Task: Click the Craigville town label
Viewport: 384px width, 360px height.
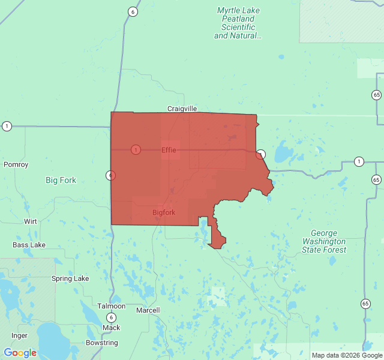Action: pyautogui.click(x=182, y=109)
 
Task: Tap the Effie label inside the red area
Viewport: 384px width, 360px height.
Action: pyautogui.click(x=169, y=150)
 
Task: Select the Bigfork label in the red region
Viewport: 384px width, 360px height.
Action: pyautogui.click(x=163, y=212)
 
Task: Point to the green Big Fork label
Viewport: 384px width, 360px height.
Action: pyautogui.click(x=61, y=180)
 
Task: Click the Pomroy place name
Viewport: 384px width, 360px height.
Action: pyautogui.click(x=16, y=164)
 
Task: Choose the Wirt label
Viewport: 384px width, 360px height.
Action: pyautogui.click(x=30, y=221)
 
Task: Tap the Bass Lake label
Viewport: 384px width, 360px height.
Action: pyautogui.click(x=29, y=245)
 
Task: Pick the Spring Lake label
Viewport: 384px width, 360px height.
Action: pyautogui.click(x=70, y=278)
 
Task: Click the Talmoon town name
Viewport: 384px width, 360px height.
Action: pyautogui.click(x=111, y=306)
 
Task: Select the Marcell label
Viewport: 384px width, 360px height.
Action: pyautogui.click(x=148, y=310)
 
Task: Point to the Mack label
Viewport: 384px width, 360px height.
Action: pyautogui.click(x=111, y=328)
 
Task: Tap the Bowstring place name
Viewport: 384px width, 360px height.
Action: pyautogui.click(x=101, y=343)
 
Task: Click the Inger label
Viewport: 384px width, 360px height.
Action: pyautogui.click(x=19, y=335)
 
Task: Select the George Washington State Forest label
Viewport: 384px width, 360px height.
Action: pyautogui.click(x=324, y=241)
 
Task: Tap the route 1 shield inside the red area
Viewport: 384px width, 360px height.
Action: pyautogui.click(x=136, y=149)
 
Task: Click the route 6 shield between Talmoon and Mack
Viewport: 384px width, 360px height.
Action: pyautogui.click(x=111, y=317)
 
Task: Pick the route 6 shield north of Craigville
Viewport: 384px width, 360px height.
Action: pyautogui.click(x=133, y=12)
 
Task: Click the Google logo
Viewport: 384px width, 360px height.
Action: pyautogui.click(x=20, y=353)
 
